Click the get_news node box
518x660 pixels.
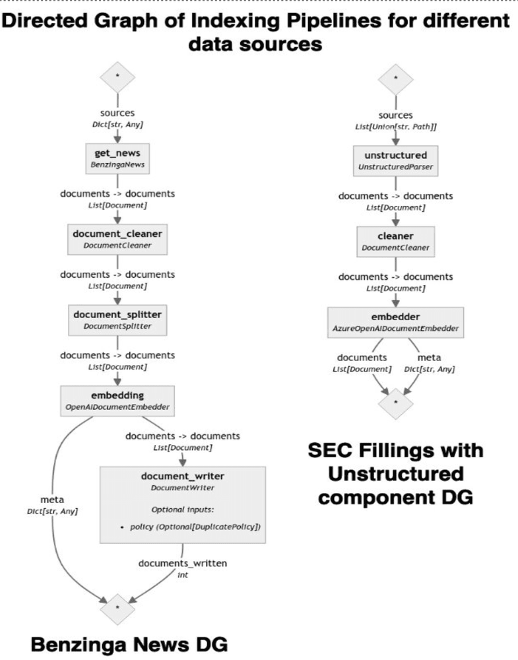[117, 158]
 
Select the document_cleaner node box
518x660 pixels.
[117, 238]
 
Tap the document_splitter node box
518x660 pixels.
[117, 319]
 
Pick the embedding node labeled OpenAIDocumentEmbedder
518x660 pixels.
[117, 400]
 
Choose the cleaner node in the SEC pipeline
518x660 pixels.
[396, 241]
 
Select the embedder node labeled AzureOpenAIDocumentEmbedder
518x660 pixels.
[396, 322]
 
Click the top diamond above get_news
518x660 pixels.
[117, 77]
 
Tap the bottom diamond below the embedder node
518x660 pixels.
[396, 401]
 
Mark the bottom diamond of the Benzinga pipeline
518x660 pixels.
[117, 605]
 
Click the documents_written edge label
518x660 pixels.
[183, 563]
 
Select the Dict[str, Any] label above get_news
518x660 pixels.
[117, 124]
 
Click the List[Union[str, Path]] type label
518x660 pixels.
[396, 126]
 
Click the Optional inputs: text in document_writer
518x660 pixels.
[183, 510]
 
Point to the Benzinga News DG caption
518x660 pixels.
[129, 643]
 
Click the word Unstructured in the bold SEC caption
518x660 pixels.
[396, 474]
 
